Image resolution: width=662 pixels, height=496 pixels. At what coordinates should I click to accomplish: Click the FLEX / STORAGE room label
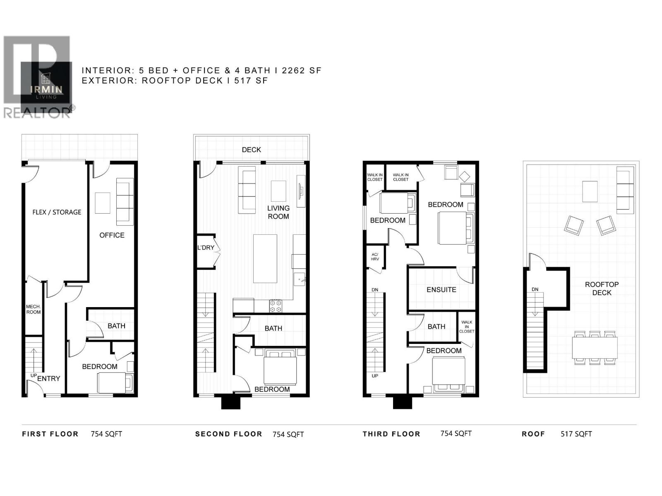pyautogui.click(x=57, y=212)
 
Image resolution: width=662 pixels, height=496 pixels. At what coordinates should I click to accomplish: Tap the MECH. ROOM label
pyautogui.click(x=34, y=309)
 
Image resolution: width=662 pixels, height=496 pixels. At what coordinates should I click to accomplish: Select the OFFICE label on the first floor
pyautogui.click(x=112, y=235)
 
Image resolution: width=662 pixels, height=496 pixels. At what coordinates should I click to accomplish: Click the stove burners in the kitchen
pyautogui.click(x=276, y=306)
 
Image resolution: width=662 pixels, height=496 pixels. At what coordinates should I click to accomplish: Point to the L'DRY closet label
pyautogui.click(x=206, y=248)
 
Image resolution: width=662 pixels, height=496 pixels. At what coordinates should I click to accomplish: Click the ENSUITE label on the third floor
pyautogui.click(x=441, y=290)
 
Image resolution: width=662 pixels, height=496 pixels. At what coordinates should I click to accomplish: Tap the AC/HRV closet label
pyautogui.click(x=375, y=257)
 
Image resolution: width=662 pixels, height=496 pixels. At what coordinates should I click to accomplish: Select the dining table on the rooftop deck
pyautogui.click(x=595, y=347)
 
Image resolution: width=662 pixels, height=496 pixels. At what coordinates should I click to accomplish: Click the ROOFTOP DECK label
pyautogui.click(x=602, y=289)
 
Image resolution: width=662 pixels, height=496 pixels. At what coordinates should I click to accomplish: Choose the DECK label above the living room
pyautogui.click(x=252, y=150)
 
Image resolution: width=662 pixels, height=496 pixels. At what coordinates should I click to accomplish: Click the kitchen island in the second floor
pyautogui.click(x=265, y=258)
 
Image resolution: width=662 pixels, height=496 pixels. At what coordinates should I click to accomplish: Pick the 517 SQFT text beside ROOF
pyautogui.click(x=576, y=434)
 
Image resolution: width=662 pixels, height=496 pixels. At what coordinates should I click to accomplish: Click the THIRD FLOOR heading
pyautogui.click(x=391, y=434)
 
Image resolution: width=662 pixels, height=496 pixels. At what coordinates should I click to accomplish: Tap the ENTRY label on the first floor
pyautogui.click(x=49, y=378)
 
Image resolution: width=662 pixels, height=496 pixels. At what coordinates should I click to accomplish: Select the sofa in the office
pyautogui.click(x=125, y=202)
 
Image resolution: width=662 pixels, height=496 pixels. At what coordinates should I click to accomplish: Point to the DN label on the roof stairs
pyautogui.click(x=535, y=289)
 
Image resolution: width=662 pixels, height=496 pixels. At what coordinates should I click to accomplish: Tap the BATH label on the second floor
pyautogui.click(x=273, y=328)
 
